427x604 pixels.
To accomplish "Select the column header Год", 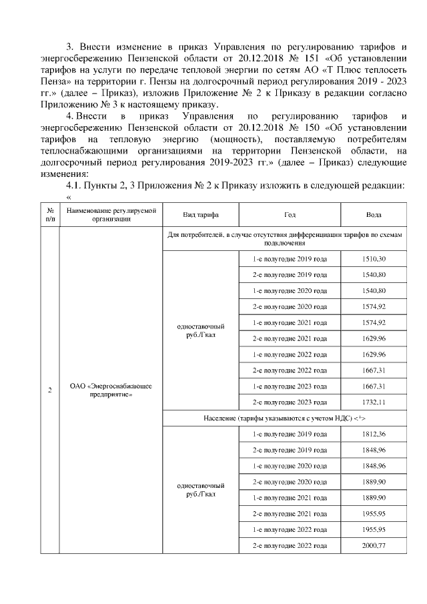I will [x=290, y=215].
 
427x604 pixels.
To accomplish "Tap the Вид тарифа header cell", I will [x=201, y=215].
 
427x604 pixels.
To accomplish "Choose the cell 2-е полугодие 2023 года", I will [x=290, y=402].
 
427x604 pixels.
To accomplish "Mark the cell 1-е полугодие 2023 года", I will [x=290, y=386].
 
